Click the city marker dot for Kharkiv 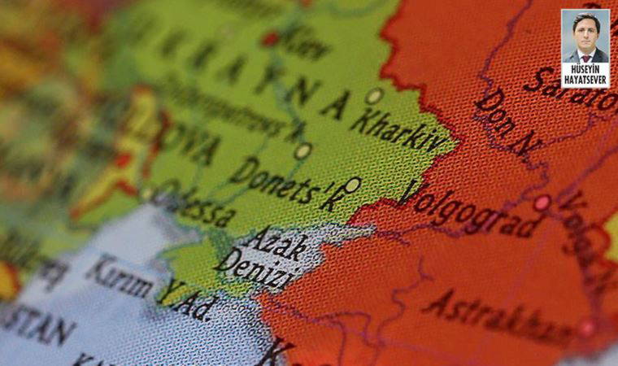click(373, 96)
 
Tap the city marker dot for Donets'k click(352, 185)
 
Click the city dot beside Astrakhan click(586, 328)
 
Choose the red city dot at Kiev click(271, 39)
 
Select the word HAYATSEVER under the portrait click(585, 81)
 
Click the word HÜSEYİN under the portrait click(585, 70)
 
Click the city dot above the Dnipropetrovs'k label click(302, 150)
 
